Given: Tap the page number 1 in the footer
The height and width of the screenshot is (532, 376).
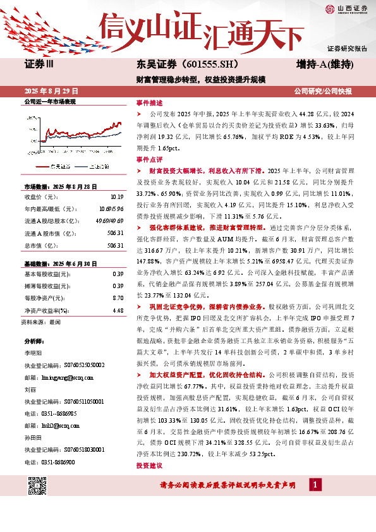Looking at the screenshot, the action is click(x=313, y=485).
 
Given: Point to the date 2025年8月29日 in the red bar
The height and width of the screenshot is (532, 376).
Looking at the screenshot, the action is click(x=53, y=91).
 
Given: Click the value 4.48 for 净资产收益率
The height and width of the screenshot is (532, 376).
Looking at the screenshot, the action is click(x=118, y=310).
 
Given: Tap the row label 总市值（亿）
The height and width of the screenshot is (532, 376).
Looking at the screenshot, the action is click(x=42, y=245).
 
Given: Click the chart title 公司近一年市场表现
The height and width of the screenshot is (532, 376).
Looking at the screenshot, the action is click(x=49, y=101).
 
